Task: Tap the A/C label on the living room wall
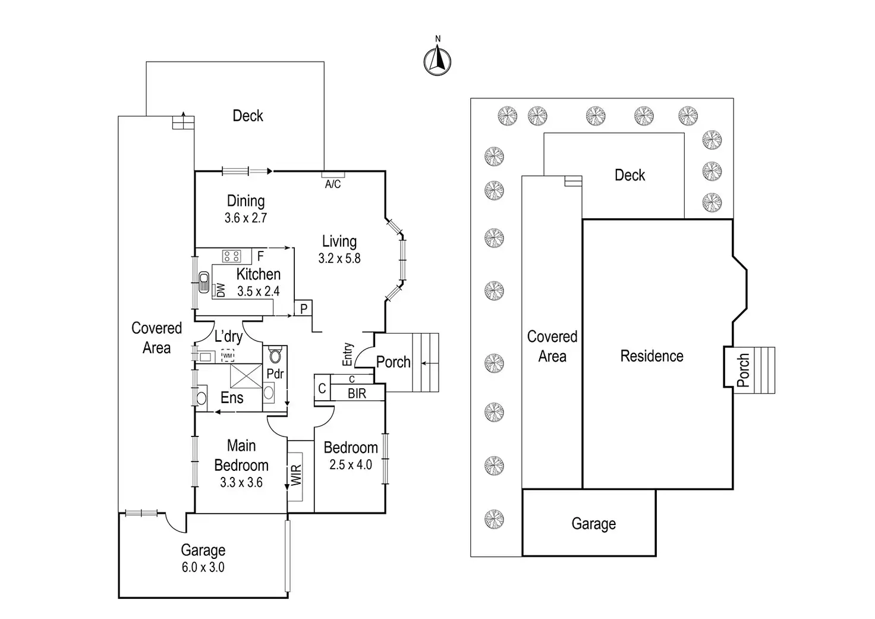click(333, 184)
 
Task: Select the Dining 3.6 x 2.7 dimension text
click(245, 218)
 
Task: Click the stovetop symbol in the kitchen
click(231, 256)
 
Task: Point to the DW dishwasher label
click(221, 290)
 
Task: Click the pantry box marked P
click(303, 309)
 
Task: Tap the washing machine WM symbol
click(228, 356)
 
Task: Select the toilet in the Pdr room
click(275, 356)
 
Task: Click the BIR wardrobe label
click(357, 394)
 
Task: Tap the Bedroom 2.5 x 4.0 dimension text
click(351, 465)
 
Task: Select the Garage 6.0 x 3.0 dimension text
click(203, 567)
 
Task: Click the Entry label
click(348, 354)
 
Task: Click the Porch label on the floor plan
click(393, 362)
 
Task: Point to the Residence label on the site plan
click(651, 356)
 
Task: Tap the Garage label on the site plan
click(593, 524)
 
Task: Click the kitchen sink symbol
click(204, 281)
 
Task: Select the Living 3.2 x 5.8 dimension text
click(339, 259)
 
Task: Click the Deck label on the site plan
click(630, 175)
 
